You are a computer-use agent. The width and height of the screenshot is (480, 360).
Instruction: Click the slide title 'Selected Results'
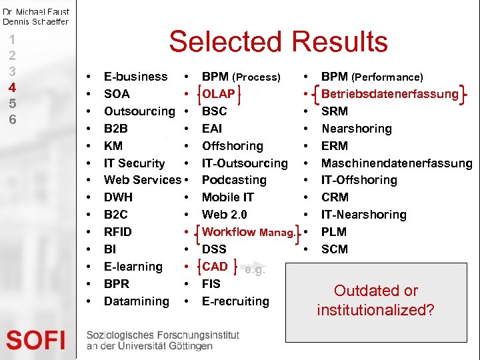coord(278,41)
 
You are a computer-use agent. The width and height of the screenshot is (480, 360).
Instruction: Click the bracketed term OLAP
coord(219,94)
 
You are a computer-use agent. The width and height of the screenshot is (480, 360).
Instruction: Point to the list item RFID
coord(118,232)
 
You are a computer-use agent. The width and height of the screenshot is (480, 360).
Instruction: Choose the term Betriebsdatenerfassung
coord(390,94)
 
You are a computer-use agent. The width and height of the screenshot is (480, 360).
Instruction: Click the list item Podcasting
coord(234,180)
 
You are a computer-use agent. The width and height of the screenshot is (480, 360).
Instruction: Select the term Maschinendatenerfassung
coord(397,163)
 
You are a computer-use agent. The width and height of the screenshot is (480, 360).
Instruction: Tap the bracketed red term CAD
coord(215,267)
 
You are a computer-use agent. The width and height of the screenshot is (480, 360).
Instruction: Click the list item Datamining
coord(137,301)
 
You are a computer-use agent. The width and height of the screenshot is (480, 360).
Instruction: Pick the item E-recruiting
coord(235,301)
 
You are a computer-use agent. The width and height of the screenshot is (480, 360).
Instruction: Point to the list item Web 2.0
coord(224,215)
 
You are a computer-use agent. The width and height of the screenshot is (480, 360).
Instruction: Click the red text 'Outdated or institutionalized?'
coord(375,300)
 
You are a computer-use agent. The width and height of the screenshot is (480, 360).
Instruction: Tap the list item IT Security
coord(134,163)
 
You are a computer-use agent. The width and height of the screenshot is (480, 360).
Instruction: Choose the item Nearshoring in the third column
coord(357,129)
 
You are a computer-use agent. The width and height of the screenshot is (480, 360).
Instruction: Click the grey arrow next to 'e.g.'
coord(239,267)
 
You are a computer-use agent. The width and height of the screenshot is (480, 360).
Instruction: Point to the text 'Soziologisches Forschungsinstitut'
coord(162,335)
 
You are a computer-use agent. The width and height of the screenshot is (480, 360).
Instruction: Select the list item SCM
coord(335,249)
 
